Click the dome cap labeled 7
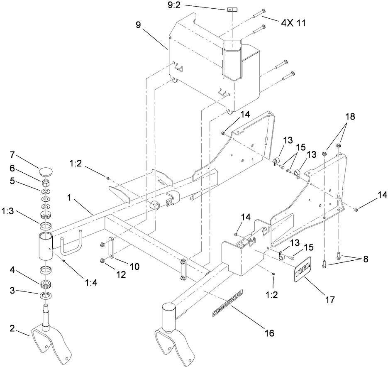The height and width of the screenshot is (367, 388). tap(46, 171)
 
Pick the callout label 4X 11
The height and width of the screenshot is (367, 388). tap(293, 23)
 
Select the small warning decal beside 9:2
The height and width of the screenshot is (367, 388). tap(231, 9)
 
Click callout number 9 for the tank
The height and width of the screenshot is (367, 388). tap(138, 25)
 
